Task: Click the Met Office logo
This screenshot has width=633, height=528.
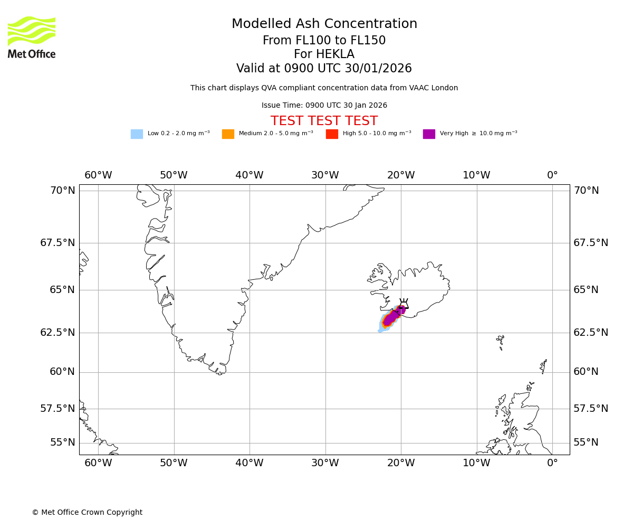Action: coord(32,37)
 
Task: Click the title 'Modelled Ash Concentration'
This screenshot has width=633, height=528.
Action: coord(324,24)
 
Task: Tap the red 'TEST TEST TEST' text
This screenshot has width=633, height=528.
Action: coord(324,121)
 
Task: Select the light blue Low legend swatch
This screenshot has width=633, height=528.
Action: coord(137,134)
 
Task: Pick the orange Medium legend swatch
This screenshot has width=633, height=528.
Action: coord(228,134)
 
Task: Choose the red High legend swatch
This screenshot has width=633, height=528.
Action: coord(332,134)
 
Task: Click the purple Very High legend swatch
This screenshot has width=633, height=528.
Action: coord(429,134)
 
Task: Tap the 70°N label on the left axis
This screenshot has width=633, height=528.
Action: coord(63,191)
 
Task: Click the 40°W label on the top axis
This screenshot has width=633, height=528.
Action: coord(249,175)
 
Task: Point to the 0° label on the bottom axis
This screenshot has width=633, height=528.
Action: coord(552,463)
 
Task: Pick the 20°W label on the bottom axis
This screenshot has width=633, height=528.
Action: coord(401,463)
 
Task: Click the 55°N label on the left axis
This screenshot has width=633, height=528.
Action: coord(63,442)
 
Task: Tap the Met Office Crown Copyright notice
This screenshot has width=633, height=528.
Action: coord(87,512)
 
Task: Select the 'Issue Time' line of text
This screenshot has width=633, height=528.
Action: coord(324,106)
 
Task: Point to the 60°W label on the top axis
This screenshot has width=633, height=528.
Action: coord(98,175)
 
